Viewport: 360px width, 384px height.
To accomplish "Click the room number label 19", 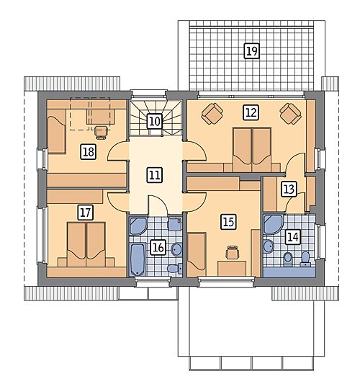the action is [251, 51].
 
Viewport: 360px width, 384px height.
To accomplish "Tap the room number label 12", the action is [251, 112].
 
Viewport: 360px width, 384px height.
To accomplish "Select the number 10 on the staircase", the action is [155, 121].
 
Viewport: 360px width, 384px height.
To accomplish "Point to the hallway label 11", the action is [155, 175].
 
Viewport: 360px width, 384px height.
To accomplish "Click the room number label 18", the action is [88, 152].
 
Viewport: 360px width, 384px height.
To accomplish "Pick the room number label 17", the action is [86, 213].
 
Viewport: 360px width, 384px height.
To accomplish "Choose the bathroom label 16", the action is [158, 247].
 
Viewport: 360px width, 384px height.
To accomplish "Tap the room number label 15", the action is [228, 222].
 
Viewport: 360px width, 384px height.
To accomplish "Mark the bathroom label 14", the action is [293, 237].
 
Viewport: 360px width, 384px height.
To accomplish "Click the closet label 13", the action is [289, 189].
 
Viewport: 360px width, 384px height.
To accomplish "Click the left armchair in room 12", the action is [212, 114].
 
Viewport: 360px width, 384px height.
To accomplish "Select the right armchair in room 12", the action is [290, 114].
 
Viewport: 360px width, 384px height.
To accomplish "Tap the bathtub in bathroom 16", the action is [138, 259].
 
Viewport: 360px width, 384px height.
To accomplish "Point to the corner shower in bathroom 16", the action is [138, 226].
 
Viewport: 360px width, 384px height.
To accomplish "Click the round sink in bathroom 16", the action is [176, 249].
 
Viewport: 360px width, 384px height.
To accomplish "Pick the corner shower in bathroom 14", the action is [273, 224].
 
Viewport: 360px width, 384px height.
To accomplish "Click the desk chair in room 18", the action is [101, 133].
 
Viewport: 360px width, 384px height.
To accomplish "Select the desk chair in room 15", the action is [232, 252].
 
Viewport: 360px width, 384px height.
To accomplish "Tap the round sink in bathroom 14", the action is [269, 246].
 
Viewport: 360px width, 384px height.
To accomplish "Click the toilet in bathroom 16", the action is [175, 269].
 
